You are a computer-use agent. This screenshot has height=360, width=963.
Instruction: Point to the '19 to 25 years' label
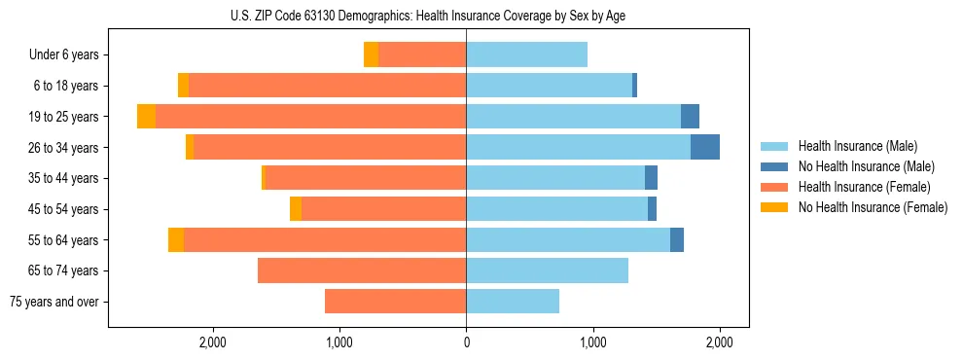63,117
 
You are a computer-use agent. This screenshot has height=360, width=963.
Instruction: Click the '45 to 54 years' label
63,209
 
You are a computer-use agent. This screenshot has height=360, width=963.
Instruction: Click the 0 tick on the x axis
466,342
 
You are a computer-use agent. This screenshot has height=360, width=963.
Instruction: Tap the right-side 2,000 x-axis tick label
719,342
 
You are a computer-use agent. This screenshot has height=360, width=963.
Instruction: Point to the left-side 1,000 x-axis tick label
339,342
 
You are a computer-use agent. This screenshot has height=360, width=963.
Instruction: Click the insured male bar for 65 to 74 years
547,270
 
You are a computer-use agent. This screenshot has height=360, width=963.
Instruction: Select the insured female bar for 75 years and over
395,302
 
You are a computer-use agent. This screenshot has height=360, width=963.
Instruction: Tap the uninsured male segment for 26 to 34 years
705,147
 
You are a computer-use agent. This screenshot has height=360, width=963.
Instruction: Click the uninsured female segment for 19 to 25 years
146,117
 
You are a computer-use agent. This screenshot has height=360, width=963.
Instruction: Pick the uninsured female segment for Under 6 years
371,55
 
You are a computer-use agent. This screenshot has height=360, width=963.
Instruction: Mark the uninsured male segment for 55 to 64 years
677,239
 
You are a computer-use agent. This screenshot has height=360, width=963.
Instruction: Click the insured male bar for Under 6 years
526,55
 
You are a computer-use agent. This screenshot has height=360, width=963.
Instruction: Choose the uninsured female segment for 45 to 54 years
296,209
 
